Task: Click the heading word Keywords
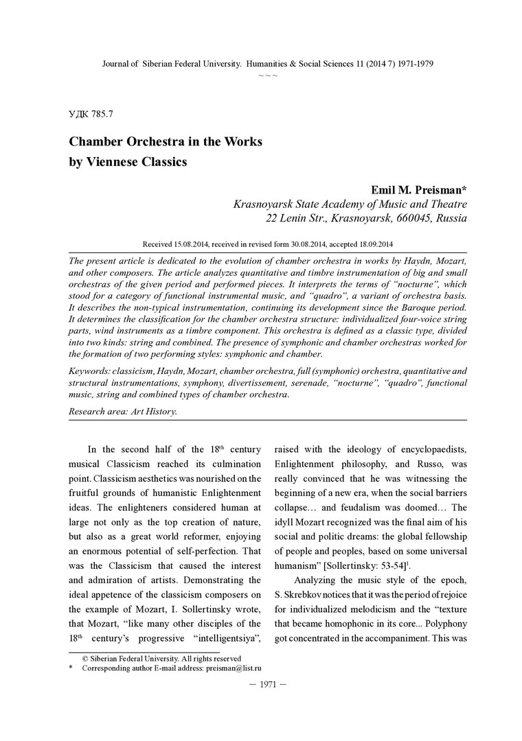[91, 370]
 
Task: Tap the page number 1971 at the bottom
[261, 685]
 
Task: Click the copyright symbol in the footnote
[85, 657]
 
